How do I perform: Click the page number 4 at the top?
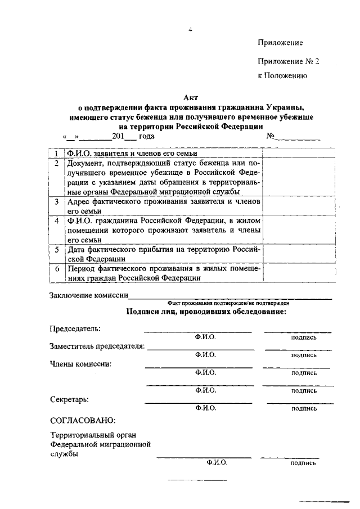pyautogui.click(x=191, y=30)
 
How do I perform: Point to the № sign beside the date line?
pyautogui.click(x=271, y=136)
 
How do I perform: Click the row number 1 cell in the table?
pyautogui.click(x=56, y=152)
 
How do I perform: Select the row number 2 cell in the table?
pyautogui.click(x=57, y=163)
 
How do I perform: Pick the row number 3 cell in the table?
pyautogui.click(x=57, y=201)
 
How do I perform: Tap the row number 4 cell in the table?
pyautogui.click(x=57, y=220)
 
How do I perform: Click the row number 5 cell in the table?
pyautogui.click(x=57, y=249)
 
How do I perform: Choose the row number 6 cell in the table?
pyautogui.click(x=57, y=269)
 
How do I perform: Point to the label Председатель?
pyautogui.click(x=75, y=328)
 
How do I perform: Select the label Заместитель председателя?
pyautogui.click(x=97, y=346)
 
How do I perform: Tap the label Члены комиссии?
pyautogui.click(x=80, y=363)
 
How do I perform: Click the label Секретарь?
pyautogui.click(x=69, y=399)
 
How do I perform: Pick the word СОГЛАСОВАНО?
pyautogui.click(x=83, y=420)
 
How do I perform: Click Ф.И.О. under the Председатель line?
pyautogui.click(x=206, y=337)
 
